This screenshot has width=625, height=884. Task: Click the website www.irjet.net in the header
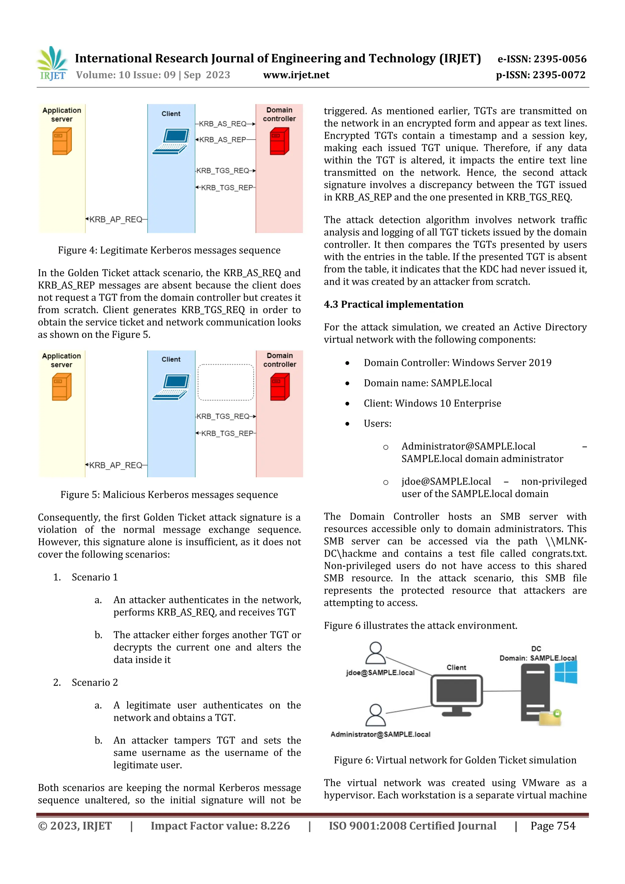click(x=296, y=75)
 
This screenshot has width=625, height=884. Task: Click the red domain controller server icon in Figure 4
click(x=279, y=141)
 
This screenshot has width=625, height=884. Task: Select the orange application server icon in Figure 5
click(x=62, y=387)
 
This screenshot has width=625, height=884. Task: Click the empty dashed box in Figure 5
click(x=226, y=382)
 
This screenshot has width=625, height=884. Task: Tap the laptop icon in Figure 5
click(x=171, y=387)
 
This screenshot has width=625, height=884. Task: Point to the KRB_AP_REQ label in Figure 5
click(x=116, y=465)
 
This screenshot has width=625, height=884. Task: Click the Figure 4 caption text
click(x=169, y=250)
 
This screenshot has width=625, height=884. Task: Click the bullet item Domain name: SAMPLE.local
click(x=428, y=383)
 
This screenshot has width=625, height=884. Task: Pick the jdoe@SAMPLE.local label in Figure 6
click(x=380, y=673)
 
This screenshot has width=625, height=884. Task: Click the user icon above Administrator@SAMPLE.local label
click(x=375, y=715)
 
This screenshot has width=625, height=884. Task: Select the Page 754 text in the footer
click(x=553, y=826)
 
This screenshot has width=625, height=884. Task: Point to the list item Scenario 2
click(x=95, y=682)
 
